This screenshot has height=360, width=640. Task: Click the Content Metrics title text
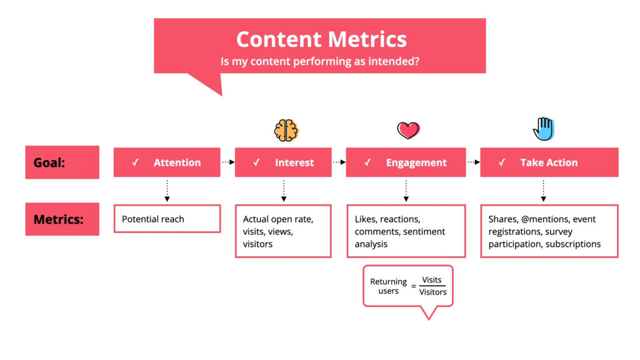[321, 39]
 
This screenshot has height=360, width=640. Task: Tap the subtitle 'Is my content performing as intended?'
[321, 62]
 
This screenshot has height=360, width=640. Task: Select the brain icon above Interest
[286, 130]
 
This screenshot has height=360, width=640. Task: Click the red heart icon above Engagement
[407, 130]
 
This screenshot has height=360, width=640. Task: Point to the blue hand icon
[543, 129]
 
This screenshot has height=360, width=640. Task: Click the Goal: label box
[62, 162]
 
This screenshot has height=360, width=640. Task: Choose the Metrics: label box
[62, 219]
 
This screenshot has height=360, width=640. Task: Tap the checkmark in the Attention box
[135, 162]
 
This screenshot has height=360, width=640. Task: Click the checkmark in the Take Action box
[501, 162]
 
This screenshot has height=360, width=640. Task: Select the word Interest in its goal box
[294, 162]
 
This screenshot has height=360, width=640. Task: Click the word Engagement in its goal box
[416, 162]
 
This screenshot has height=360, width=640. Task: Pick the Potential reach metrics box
[167, 219]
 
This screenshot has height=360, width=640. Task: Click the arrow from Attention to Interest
[227, 162]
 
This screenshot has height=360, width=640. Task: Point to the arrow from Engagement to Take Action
[472, 162]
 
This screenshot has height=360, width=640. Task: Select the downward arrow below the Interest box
[284, 191]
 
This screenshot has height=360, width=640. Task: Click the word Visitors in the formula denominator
[432, 292]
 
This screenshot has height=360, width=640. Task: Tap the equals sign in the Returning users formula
[413, 286]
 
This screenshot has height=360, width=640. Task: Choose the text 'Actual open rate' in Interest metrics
[277, 219]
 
